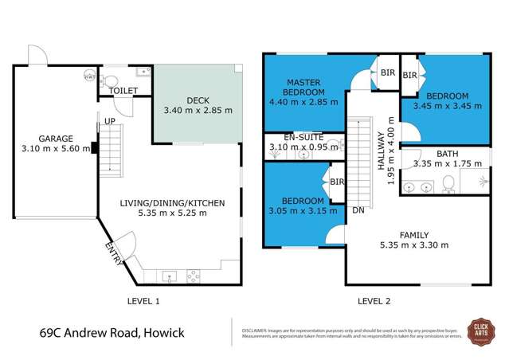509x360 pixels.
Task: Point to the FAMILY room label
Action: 414,235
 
